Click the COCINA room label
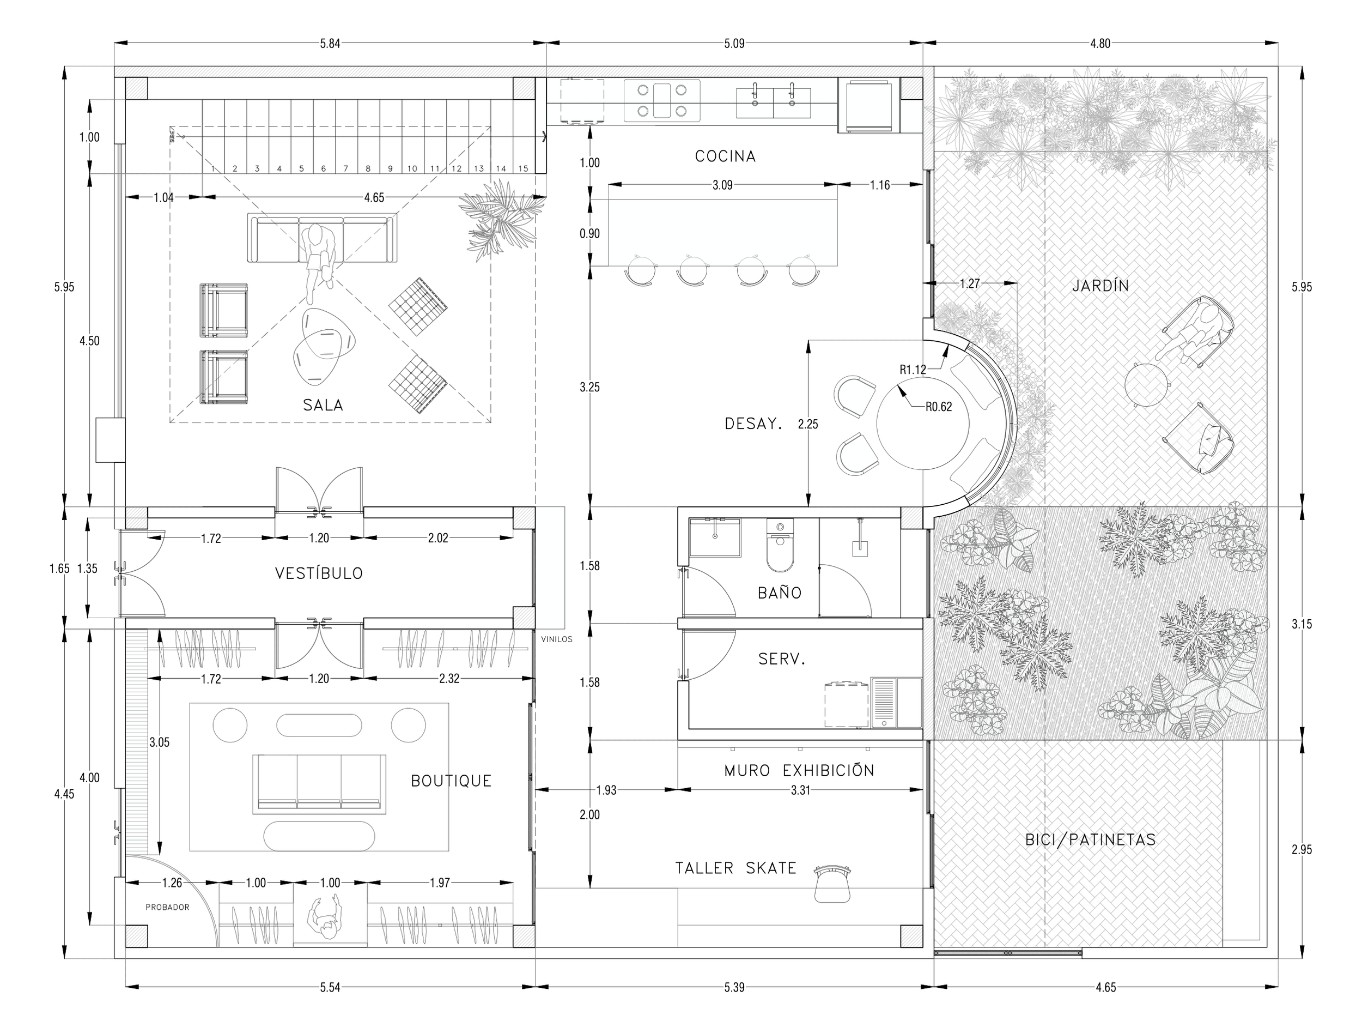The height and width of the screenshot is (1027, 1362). click(725, 156)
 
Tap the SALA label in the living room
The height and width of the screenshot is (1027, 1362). click(323, 405)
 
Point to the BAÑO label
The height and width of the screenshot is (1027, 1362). click(780, 593)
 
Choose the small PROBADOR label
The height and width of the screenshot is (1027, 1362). click(167, 907)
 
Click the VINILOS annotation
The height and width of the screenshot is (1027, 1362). click(557, 639)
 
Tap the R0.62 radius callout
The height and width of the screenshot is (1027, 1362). click(938, 407)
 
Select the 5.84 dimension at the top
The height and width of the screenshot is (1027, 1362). click(330, 43)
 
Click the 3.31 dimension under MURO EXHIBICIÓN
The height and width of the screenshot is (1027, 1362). click(800, 790)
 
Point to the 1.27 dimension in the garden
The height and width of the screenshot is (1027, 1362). click(969, 283)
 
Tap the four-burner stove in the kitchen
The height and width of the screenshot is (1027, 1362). click(662, 100)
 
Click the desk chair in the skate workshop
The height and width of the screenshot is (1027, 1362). click(833, 885)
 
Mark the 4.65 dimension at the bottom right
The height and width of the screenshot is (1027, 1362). click(1106, 987)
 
